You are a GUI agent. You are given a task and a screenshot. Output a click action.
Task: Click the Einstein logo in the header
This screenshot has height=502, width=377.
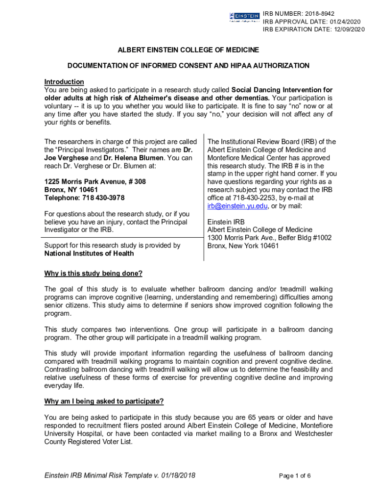244,17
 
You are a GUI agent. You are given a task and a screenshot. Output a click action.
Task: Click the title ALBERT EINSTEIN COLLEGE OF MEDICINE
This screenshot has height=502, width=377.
188,50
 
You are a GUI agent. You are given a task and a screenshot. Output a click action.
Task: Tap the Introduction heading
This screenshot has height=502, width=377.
64,81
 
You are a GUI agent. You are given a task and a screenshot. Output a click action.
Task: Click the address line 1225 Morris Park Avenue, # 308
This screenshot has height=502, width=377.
95,181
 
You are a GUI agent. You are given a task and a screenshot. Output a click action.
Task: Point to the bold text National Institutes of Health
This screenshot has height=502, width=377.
89,253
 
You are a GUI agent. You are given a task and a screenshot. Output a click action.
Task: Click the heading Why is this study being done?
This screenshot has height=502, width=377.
94,273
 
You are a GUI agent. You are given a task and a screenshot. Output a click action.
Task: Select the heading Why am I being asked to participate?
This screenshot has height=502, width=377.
104,402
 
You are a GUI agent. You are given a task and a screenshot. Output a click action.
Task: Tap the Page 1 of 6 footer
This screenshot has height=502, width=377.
295,476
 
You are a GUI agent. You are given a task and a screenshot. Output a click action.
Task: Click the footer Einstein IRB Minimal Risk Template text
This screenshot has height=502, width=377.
119,476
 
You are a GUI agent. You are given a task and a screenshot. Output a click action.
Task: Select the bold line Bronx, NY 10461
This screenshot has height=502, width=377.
71,189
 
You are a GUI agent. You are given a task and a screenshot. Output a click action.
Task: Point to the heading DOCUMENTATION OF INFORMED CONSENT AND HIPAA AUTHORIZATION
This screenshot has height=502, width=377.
188,66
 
